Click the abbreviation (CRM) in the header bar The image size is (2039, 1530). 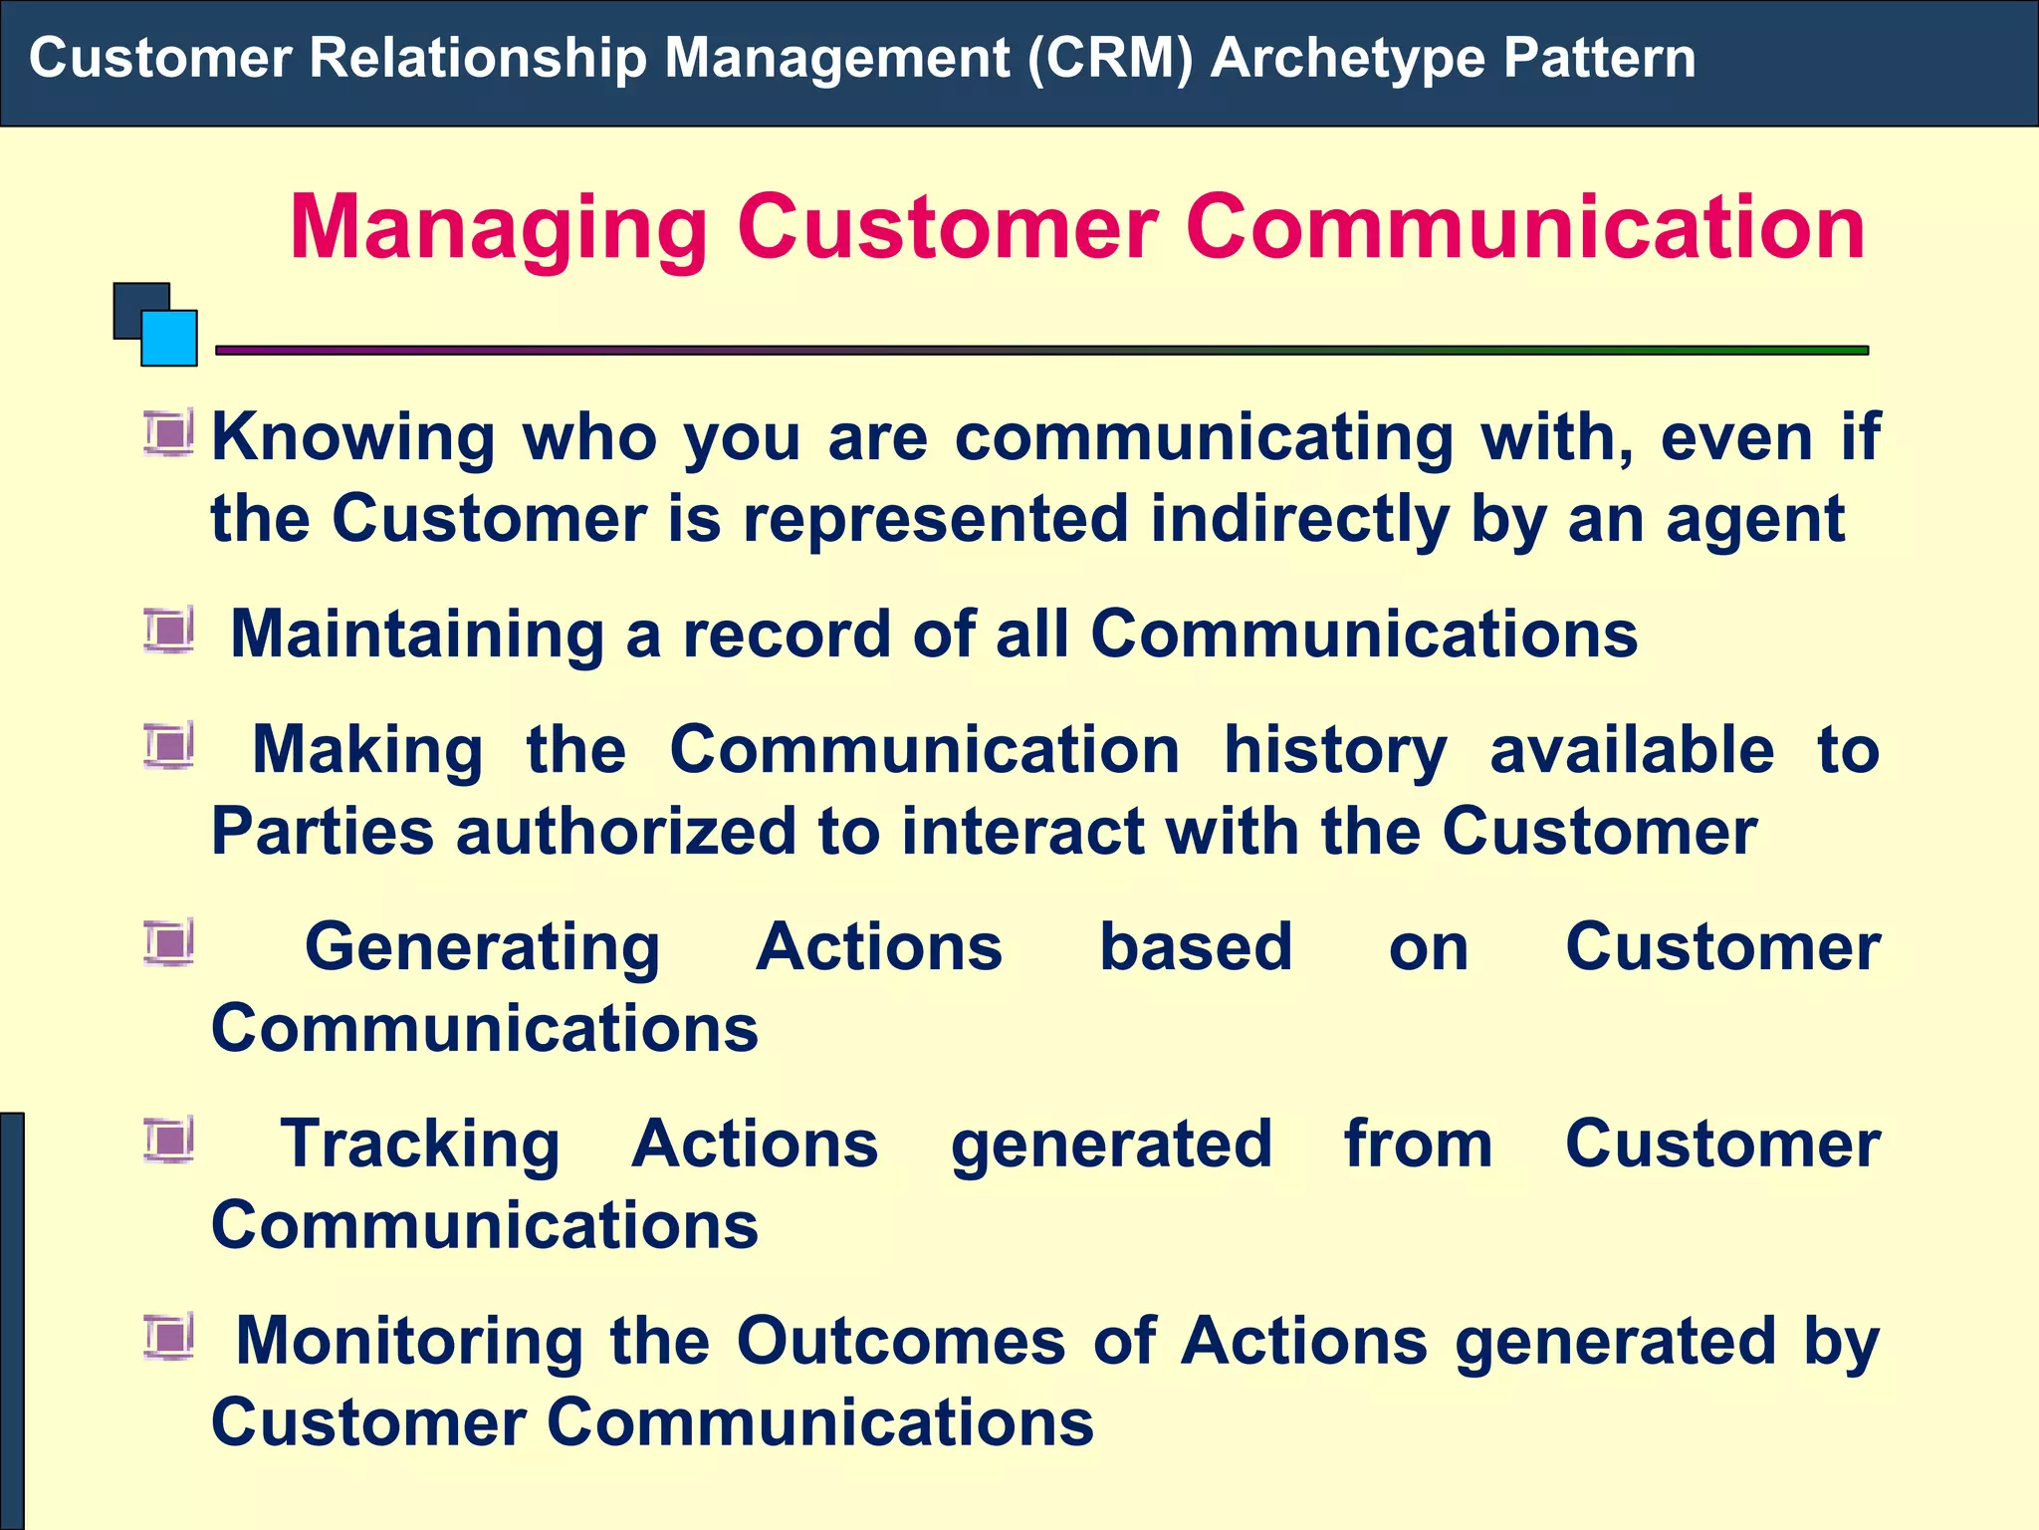1109,58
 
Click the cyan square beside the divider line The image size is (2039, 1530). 169,339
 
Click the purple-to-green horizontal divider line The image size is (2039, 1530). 1041,351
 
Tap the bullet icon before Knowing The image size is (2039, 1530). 168,434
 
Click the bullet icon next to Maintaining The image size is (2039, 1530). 168,632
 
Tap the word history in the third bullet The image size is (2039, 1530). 1334,751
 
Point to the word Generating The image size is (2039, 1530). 482,946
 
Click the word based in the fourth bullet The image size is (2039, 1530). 1195,946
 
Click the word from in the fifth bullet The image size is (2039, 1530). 1418,1144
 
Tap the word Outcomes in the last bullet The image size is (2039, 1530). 901,1341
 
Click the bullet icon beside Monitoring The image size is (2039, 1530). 168,1337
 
